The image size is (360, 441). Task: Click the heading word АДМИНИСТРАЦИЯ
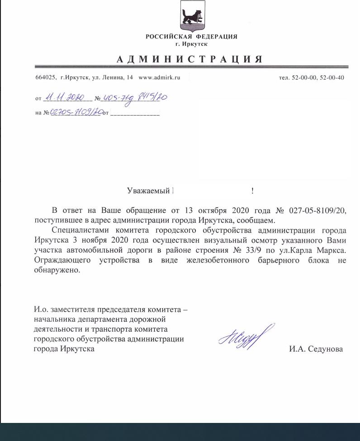point(189,60)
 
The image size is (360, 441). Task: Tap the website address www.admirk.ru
point(159,78)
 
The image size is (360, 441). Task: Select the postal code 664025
point(45,78)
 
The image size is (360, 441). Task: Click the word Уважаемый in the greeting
point(148,191)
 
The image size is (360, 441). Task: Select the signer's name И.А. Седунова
point(316,349)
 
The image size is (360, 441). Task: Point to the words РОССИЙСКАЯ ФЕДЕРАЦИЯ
point(191,37)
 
